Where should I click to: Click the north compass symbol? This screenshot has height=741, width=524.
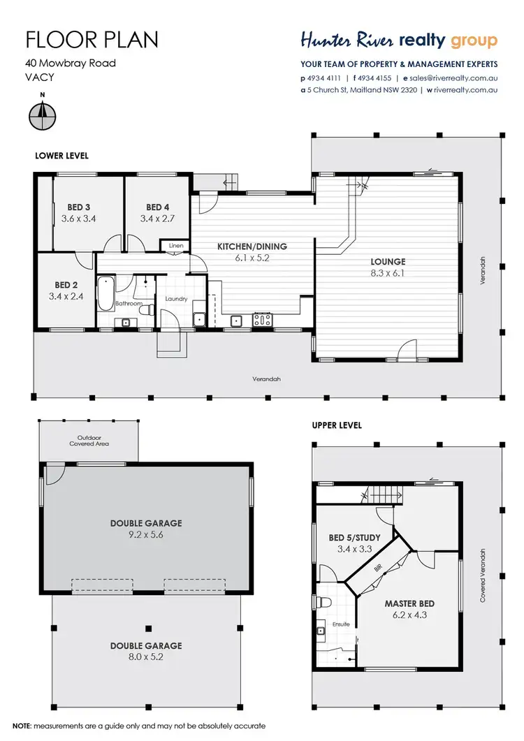tap(43, 112)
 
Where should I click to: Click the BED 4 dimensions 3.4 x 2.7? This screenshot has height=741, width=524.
tap(157, 219)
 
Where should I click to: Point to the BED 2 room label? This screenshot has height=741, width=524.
tap(66, 285)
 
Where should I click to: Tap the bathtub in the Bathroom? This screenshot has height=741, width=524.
tap(105, 293)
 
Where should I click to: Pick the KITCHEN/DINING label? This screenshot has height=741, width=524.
tap(252, 247)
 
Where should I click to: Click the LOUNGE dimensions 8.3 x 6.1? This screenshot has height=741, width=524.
tap(388, 273)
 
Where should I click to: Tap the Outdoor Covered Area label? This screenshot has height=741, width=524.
tap(89, 441)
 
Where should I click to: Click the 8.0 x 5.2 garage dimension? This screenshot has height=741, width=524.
tap(145, 656)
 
